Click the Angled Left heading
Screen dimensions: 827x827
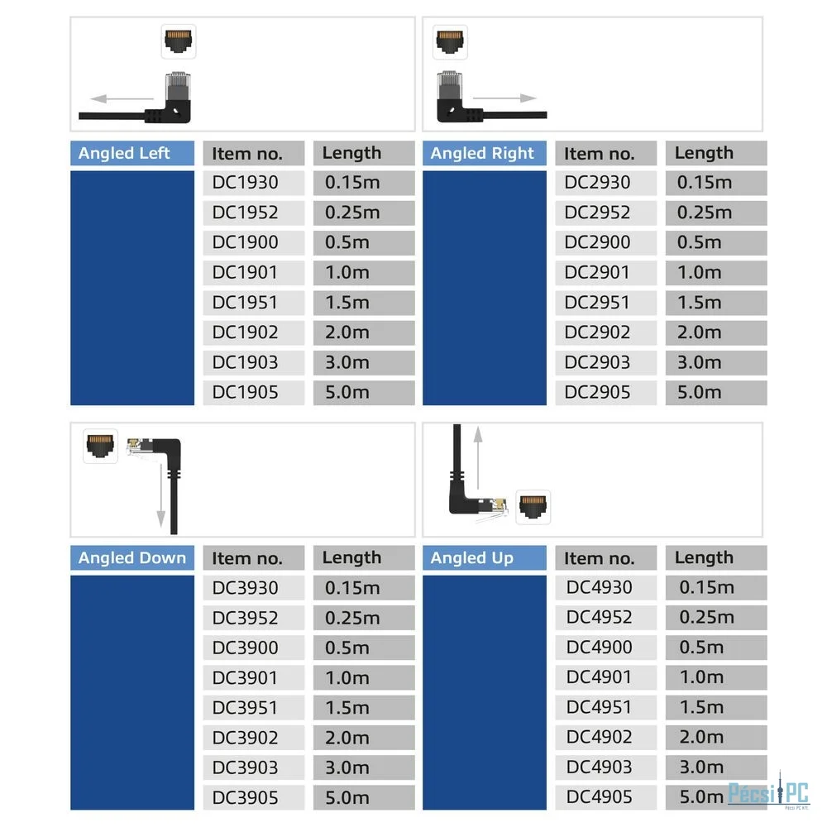pyautogui.click(x=124, y=153)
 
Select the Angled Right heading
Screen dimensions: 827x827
pyautogui.click(x=482, y=153)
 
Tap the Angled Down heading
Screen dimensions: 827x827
pyautogui.click(x=131, y=557)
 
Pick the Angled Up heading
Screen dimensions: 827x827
pyautogui.click(x=471, y=557)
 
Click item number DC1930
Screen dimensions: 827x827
pyautogui.click(x=245, y=183)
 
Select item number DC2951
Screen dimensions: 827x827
pyautogui.click(x=596, y=302)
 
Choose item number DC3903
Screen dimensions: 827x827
pyautogui.click(x=245, y=767)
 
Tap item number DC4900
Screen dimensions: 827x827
pyautogui.click(x=599, y=648)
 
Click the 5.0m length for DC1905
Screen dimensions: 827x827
pyautogui.click(x=347, y=392)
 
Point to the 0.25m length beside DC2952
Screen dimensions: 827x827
pyautogui.click(x=705, y=213)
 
